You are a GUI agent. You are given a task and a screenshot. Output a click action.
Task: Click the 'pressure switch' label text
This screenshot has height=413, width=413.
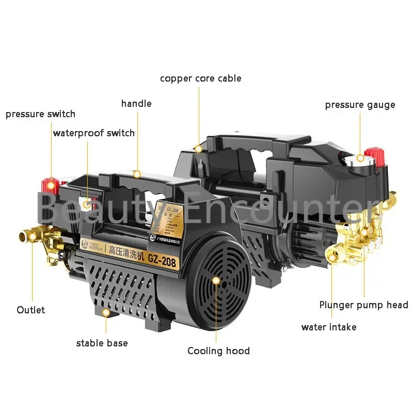click(x=40, y=114)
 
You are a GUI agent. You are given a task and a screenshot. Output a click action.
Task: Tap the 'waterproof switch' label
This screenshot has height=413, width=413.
click(x=93, y=133)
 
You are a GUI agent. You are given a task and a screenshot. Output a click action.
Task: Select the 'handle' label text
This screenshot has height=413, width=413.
click(x=136, y=104)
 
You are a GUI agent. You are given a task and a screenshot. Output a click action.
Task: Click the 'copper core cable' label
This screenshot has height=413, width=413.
click(x=200, y=78)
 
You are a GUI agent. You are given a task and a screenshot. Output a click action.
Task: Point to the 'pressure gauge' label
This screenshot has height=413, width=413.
click(x=360, y=105)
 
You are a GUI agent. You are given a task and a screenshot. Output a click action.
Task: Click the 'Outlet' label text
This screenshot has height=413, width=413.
click(x=31, y=310)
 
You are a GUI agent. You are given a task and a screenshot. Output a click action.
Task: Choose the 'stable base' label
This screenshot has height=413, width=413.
click(x=102, y=343)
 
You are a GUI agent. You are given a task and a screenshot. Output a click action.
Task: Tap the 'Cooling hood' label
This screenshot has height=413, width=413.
click(x=218, y=351)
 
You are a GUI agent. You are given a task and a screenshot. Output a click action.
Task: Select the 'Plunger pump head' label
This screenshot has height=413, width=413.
click(x=363, y=305)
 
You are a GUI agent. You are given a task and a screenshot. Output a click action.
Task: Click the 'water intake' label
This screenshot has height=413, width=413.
click(x=329, y=327)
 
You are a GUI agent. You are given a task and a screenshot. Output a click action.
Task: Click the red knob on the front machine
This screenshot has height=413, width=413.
click(x=51, y=184)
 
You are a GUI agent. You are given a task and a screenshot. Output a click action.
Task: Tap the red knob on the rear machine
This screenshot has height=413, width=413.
click(x=373, y=153)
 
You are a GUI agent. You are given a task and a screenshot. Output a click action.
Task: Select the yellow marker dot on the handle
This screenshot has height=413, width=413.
click(x=137, y=174)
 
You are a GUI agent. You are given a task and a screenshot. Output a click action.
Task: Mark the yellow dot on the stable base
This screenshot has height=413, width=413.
click(x=106, y=312)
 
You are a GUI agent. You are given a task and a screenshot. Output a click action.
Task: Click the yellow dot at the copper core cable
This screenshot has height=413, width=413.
click(x=198, y=149)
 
